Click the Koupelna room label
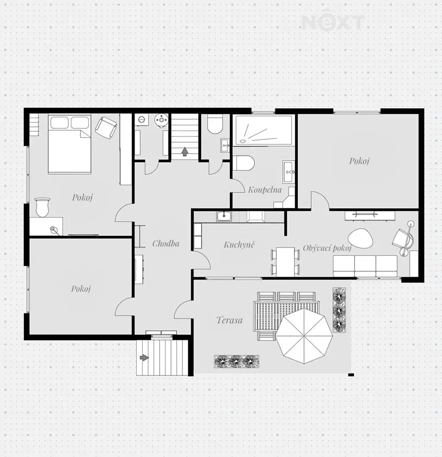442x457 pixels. tap(265, 190)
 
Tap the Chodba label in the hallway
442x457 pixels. tap(166, 243)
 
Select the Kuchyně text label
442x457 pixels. tap(239, 244)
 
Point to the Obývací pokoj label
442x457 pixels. tap(327, 248)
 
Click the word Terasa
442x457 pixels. tap(230, 320)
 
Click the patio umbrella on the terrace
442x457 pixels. tap(304, 336)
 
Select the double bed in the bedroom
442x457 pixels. tap(69, 144)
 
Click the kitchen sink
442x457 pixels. tap(224, 216)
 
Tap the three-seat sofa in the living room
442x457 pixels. tap(365, 266)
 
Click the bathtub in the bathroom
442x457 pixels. tap(264, 130)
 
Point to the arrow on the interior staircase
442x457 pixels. tap(185, 152)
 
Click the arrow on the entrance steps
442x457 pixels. tap(144, 358)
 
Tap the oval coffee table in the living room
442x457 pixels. tap(360, 238)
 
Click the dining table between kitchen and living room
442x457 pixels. tap(285, 262)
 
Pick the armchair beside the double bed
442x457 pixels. tap(106, 127)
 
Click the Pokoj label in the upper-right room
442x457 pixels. tap(359, 161)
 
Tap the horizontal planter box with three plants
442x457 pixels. tap(237, 361)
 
